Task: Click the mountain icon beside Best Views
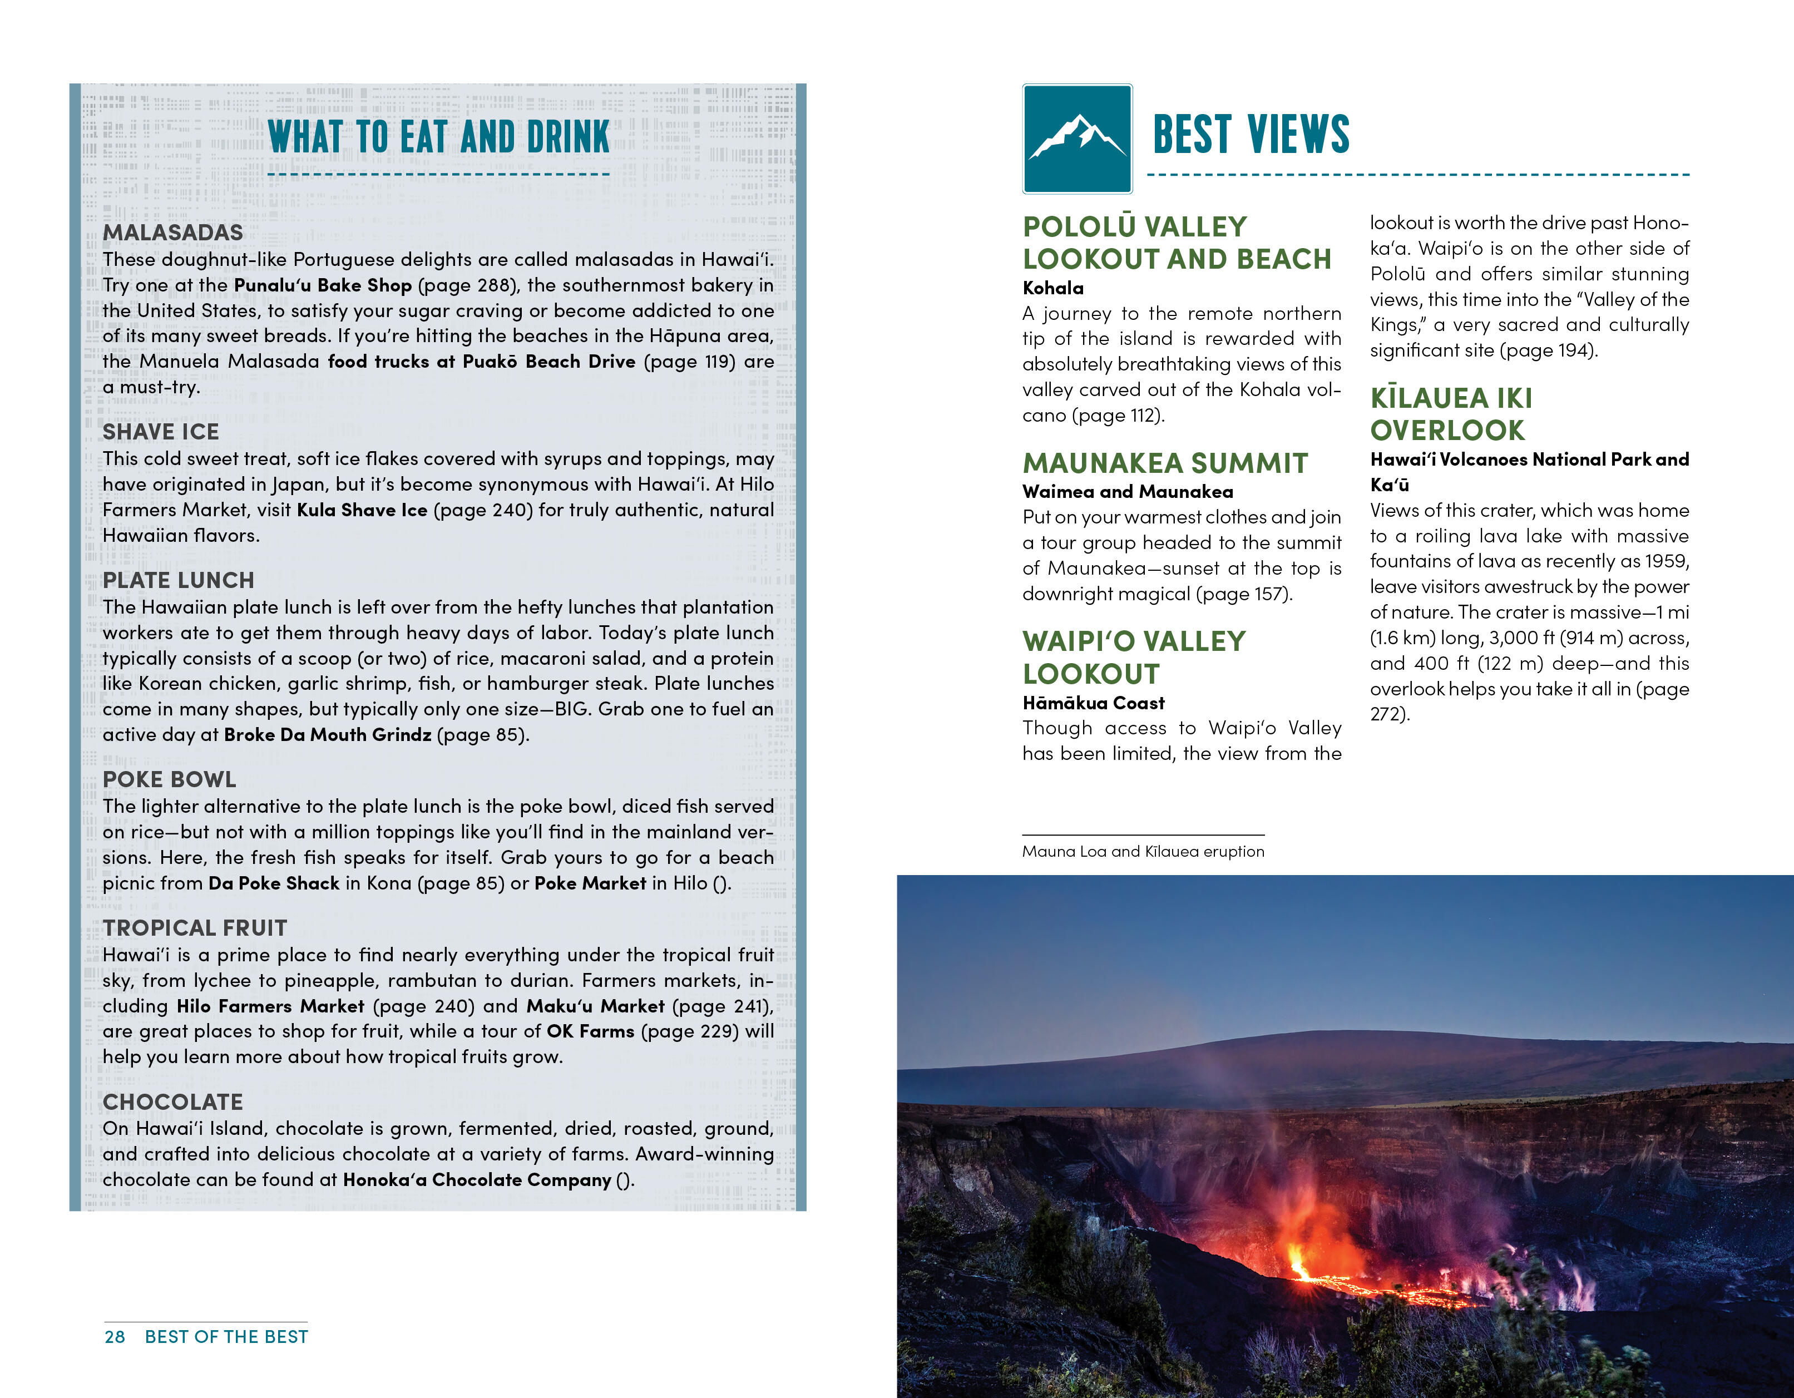pyautogui.click(x=1077, y=139)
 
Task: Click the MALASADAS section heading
pyautogui.click(x=172, y=233)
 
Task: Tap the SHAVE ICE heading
pyautogui.click(x=161, y=432)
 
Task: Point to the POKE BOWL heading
pyautogui.click(x=169, y=779)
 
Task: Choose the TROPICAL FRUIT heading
pyautogui.click(x=195, y=928)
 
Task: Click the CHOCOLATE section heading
pyautogui.click(x=172, y=1102)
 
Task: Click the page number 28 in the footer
pyautogui.click(x=115, y=1336)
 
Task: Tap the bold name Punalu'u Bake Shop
pyautogui.click(x=323, y=285)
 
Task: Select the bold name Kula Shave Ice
pyautogui.click(x=362, y=510)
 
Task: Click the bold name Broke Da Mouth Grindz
pyautogui.click(x=328, y=734)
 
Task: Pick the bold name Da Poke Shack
pyautogui.click(x=274, y=883)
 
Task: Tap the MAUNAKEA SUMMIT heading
pyautogui.click(x=1165, y=463)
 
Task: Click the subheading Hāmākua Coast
pyautogui.click(x=1093, y=703)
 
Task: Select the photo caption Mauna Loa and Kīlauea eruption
pyautogui.click(x=1143, y=852)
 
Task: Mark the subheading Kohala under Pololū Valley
pyautogui.click(x=1053, y=288)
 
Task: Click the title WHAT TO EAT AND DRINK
pyautogui.click(x=439, y=137)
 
